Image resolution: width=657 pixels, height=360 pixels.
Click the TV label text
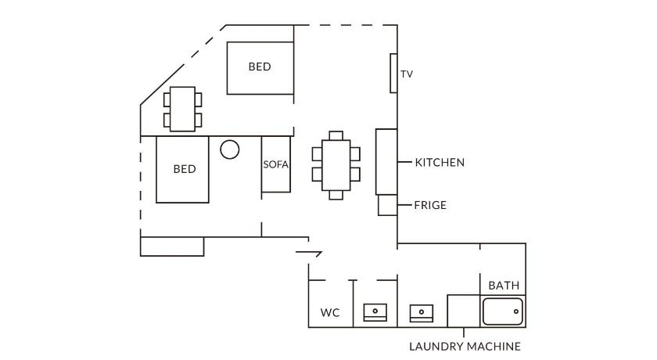click(x=407, y=74)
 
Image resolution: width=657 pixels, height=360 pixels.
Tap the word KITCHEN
click(x=440, y=163)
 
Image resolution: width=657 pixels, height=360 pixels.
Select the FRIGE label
click(x=430, y=205)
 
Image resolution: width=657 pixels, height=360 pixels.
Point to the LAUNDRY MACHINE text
click(x=465, y=346)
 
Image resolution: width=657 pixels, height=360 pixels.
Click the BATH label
click(x=504, y=286)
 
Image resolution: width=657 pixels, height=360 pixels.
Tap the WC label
click(x=330, y=313)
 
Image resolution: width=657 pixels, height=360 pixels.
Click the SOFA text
click(x=276, y=165)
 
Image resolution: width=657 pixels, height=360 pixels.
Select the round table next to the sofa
click(x=229, y=149)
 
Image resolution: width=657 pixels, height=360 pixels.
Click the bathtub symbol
click(x=502, y=312)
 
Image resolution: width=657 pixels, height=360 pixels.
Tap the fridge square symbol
click(x=388, y=205)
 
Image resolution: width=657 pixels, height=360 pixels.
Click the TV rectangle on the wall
click(x=394, y=73)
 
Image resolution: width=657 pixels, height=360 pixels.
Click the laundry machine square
click(x=463, y=311)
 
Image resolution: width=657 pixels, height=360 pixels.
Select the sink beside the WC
click(x=375, y=312)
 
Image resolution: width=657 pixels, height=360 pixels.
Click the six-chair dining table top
click(x=336, y=165)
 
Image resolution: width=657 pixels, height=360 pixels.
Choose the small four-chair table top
click(x=183, y=109)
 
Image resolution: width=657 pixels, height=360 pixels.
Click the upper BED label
click(x=260, y=67)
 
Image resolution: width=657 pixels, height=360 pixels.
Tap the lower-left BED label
click(x=185, y=169)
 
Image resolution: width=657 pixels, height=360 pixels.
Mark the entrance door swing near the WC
click(x=310, y=252)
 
